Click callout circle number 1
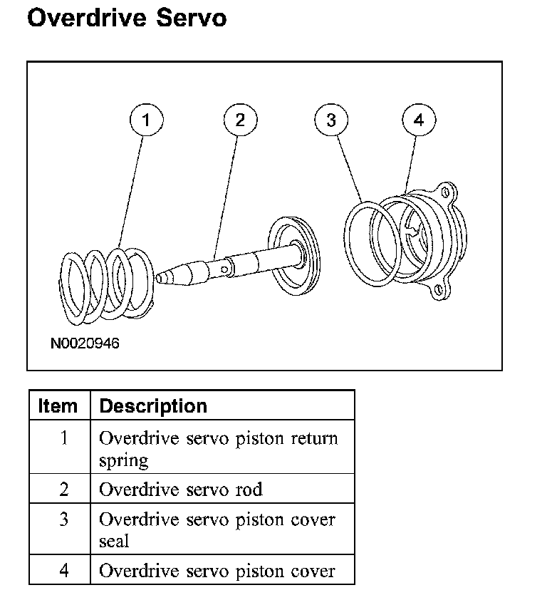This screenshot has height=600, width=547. tap(146, 120)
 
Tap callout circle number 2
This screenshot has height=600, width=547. tap(239, 120)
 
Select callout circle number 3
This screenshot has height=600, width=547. tap(330, 120)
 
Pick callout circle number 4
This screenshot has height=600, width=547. tap(419, 120)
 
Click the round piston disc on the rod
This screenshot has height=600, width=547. tap(292, 257)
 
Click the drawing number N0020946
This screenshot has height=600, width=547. tap(85, 343)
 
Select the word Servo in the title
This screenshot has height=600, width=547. tap(186, 18)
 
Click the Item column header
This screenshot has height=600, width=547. tap(58, 406)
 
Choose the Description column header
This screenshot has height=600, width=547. tap(153, 406)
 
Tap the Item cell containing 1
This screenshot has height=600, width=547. tap(63, 438)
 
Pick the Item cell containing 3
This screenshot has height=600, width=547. tap(63, 519)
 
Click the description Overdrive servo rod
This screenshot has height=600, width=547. tap(181, 490)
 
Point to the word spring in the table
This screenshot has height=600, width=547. tap(124, 460)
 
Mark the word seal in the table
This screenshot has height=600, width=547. tap(114, 541)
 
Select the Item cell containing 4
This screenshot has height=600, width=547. tap(63, 571)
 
